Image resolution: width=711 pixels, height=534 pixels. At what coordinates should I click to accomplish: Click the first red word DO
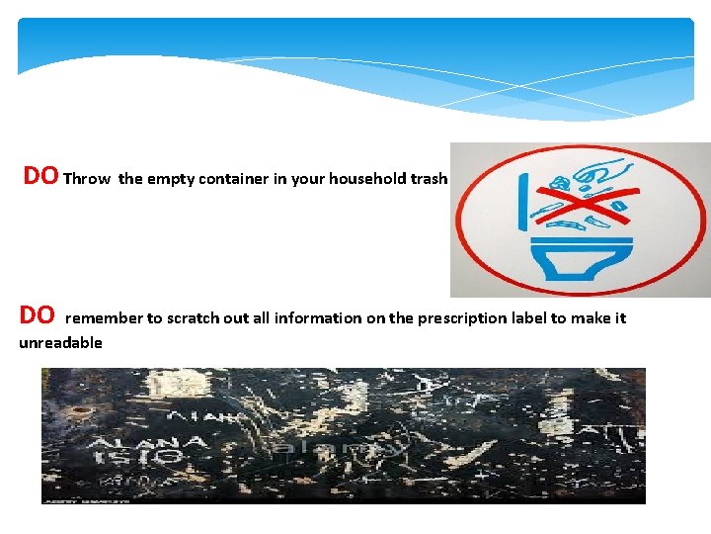pos(40,176)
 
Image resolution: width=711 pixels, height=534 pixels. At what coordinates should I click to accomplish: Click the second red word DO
pos(38,315)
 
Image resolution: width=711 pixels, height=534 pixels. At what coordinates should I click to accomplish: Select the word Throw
pos(87,179)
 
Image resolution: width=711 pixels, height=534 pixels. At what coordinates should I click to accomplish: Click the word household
pos(366,179)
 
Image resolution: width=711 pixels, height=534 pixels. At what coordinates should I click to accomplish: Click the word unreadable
pos(60,343)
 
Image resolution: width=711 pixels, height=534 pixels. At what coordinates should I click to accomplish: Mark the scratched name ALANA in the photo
pos(146,442)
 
